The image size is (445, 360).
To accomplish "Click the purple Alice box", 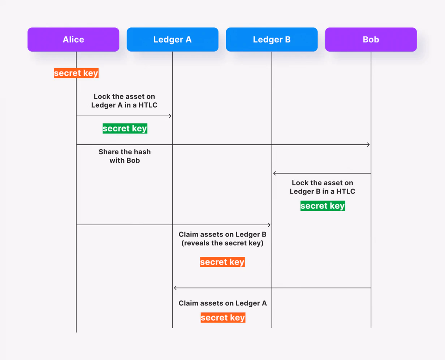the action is click(73, 39).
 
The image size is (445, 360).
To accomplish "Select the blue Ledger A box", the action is click(173, 39).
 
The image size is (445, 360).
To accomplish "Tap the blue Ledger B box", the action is click(272, 39).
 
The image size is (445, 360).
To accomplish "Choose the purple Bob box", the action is click(371, 39).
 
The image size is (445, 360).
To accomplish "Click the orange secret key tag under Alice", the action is click(76, 73).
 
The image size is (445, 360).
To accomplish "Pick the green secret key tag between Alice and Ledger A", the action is click(125, 129).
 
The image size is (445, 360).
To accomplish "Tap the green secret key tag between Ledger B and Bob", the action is click(323, 206).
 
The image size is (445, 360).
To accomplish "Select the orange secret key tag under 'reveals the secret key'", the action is click(222, 262).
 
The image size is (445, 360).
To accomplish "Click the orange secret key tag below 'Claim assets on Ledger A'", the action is click(223, 318).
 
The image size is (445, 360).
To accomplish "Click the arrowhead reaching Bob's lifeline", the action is click(369, 144).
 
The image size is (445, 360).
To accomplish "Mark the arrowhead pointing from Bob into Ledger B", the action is click(274, 173).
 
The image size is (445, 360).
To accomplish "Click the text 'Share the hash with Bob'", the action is click(125, 156).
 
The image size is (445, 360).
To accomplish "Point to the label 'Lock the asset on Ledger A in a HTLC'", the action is click(124, 101).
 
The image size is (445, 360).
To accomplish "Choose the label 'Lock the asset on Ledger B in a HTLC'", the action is click(322, 187).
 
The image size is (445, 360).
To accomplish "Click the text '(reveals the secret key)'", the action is click(222, 243).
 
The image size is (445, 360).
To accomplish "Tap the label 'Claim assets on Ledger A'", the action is click(223, 303).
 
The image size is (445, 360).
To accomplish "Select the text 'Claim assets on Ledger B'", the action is click(222, 234).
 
